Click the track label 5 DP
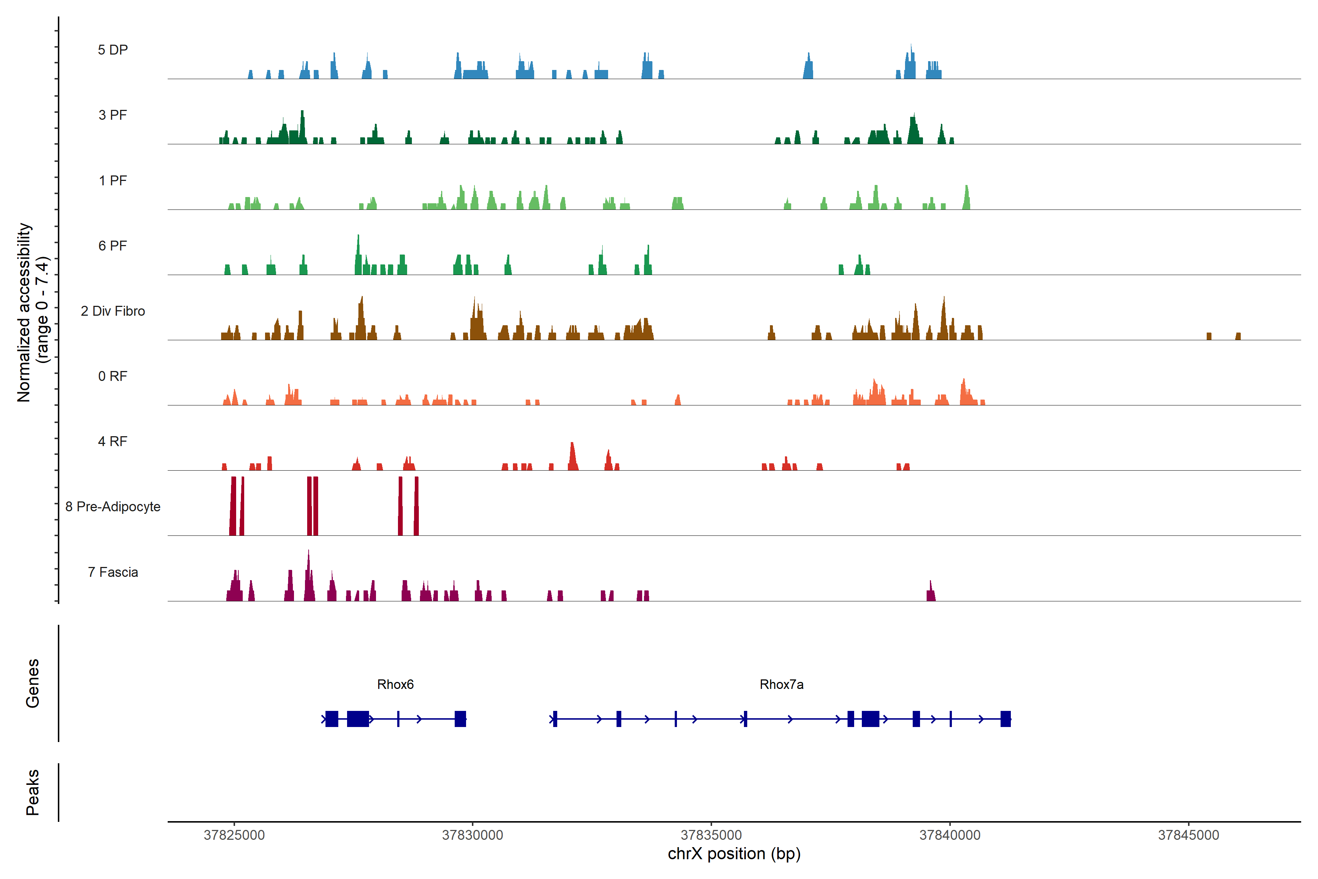[113, 50]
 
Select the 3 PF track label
[113, 115]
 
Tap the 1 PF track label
[113, 181]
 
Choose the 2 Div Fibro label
[113, 311]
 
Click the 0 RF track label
[113, 376]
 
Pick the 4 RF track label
[113, 441]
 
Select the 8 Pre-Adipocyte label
[113, 507]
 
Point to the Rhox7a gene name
[781, 685]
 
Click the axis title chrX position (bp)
[734, 854]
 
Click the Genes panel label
[33, 683]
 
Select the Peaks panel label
[33, 792]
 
